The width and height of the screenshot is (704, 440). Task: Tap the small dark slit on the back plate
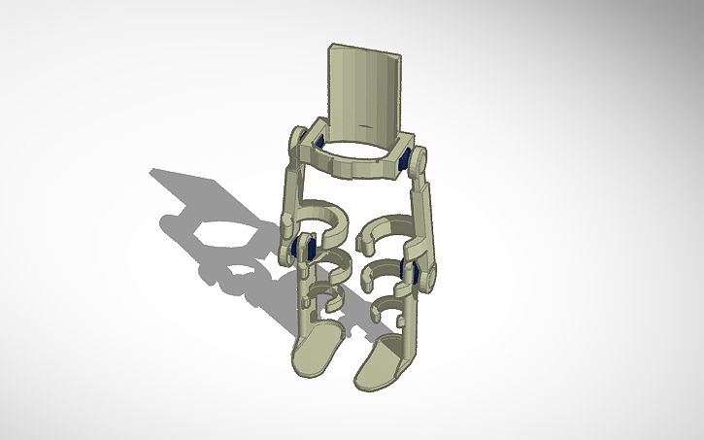(x=364, y=127)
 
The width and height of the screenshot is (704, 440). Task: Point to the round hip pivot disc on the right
(x=418, y=158)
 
